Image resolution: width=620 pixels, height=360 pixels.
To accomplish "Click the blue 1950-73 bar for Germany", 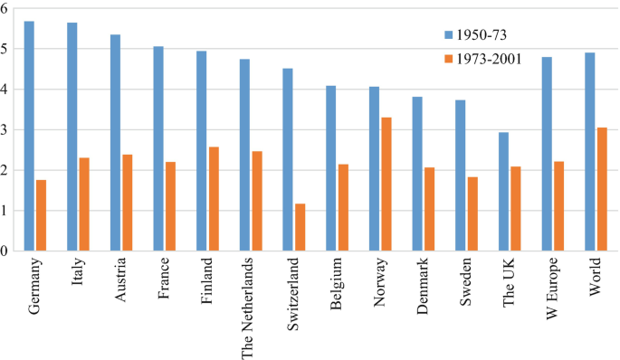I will pos(30,136).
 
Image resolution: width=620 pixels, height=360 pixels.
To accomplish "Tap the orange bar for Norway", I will pos(386,185).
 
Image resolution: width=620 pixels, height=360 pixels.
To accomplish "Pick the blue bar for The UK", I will pos(503,192).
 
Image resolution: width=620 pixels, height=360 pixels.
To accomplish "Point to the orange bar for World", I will pos(602,189).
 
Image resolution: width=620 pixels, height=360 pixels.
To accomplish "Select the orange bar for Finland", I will pos(214,199).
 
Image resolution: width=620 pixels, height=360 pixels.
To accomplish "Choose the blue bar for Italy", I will pos(72,137).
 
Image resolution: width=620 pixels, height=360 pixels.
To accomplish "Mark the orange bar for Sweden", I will pos(472,214).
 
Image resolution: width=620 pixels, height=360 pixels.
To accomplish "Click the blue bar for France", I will pos(159,148).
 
